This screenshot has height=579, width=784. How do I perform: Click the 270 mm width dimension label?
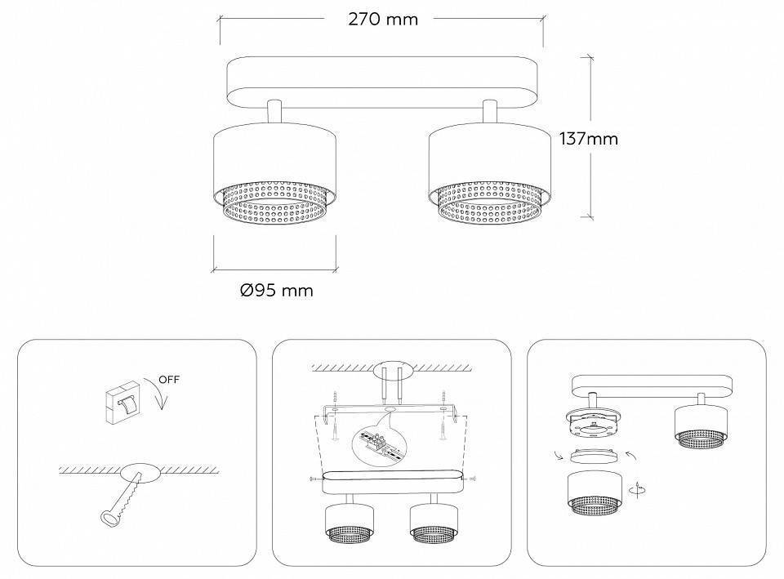[382, 20]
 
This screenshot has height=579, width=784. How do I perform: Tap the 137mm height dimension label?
[588, 139]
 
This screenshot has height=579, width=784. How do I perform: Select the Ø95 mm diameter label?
[277, 290]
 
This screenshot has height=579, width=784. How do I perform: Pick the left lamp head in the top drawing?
[274, 176]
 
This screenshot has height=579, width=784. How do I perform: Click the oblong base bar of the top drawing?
[381, 80]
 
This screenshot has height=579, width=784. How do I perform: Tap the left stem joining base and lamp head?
[274, 113]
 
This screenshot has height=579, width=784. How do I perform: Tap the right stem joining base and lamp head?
[490, 113]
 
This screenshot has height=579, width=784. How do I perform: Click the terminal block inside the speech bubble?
[380, 444]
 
